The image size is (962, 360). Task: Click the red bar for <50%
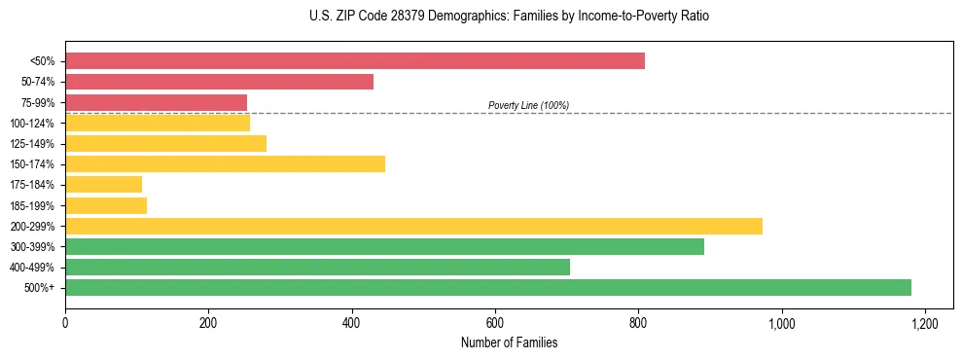click(x=355, y=61)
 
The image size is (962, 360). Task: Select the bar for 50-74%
click(x=219, y=82)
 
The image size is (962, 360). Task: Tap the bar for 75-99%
click(x=156, y=102)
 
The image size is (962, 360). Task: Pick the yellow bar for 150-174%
click(x=225, y=163)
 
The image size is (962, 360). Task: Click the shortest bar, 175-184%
click(x=103, y=184)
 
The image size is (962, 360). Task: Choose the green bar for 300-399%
click(x=384, y=246)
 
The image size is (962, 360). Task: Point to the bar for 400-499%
click(x=317, y=267)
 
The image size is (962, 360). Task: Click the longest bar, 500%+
click(x=488, y=287)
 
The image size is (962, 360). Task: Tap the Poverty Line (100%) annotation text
click(x=528, y=105)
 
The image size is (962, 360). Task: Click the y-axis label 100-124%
click(x=32, y=124)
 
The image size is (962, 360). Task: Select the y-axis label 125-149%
click(x=32, y=144)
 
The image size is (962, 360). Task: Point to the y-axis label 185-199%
click(x=32, y=205)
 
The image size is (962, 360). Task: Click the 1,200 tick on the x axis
click(x=924, y=322)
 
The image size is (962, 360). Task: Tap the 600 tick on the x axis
click(x=495, y=322)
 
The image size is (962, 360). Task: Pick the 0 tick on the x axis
click(x=65, y=322)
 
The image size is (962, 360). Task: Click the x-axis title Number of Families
click(x=509, y=342)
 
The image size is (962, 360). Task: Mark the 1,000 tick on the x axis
click(x=781, y=322)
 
